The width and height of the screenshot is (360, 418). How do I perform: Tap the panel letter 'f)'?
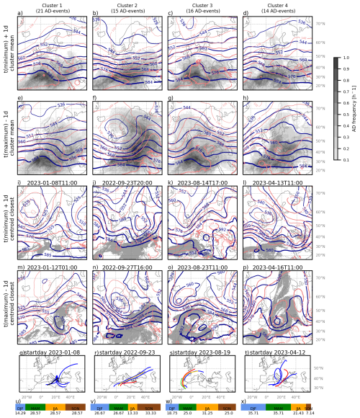pyautogui.click(x=97, y=99)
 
